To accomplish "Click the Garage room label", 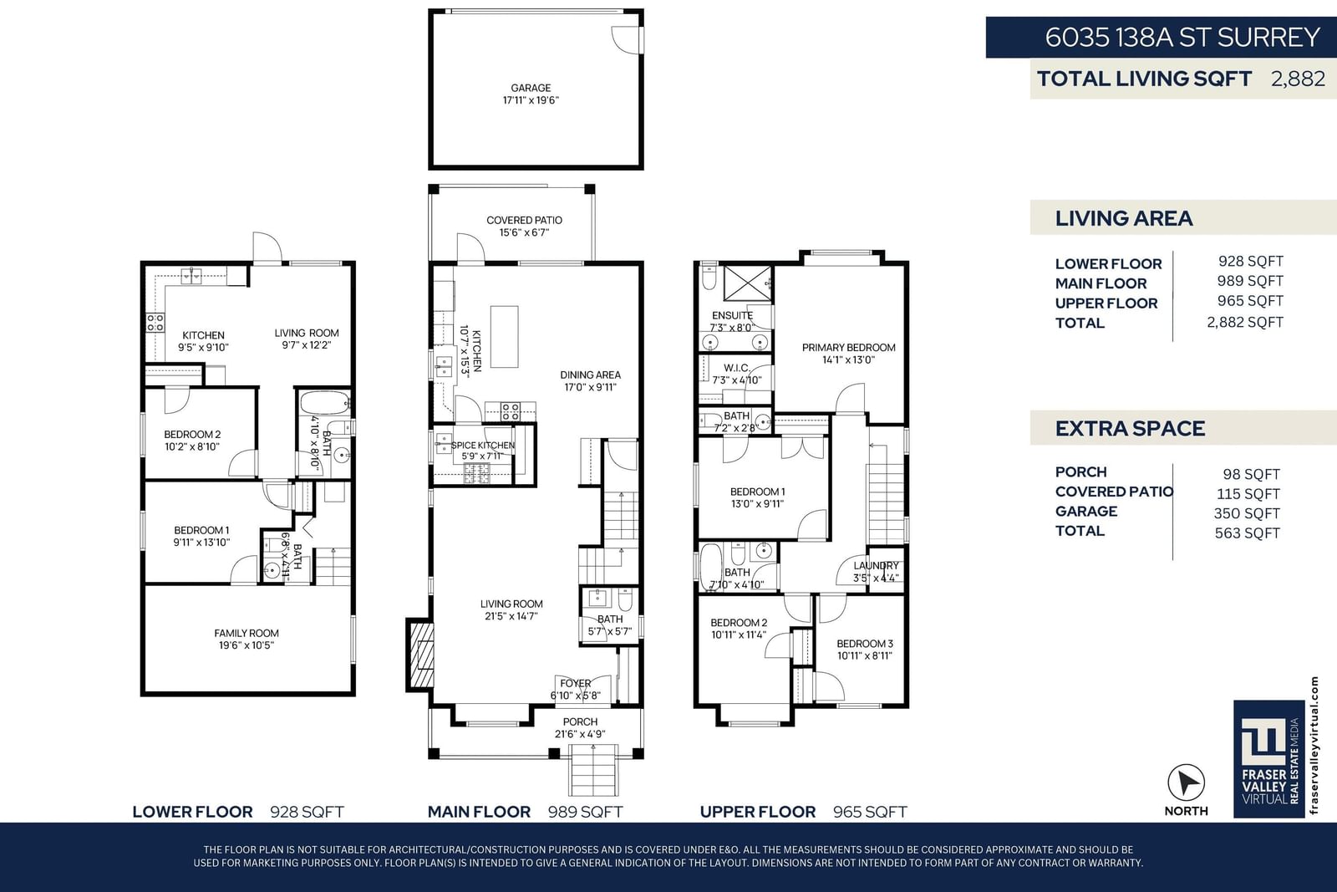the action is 531,94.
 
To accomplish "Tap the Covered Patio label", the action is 524,227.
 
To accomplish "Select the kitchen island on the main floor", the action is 505,337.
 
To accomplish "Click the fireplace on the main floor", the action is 419,655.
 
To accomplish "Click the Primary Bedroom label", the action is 848,354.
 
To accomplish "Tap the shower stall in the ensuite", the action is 747,283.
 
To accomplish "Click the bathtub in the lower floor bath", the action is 324,403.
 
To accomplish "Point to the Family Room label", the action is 247,639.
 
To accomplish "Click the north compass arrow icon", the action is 1186,782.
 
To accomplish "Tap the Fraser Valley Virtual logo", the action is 1269,758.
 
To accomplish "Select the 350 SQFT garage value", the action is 1246,513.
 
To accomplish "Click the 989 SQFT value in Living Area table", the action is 1250,281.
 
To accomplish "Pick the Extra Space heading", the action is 1130,429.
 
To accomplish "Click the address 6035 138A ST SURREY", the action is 1182,38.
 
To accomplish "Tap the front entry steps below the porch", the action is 592,770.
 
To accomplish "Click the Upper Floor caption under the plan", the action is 757,812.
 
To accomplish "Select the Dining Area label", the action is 590,381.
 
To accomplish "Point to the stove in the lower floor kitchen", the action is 155,323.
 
